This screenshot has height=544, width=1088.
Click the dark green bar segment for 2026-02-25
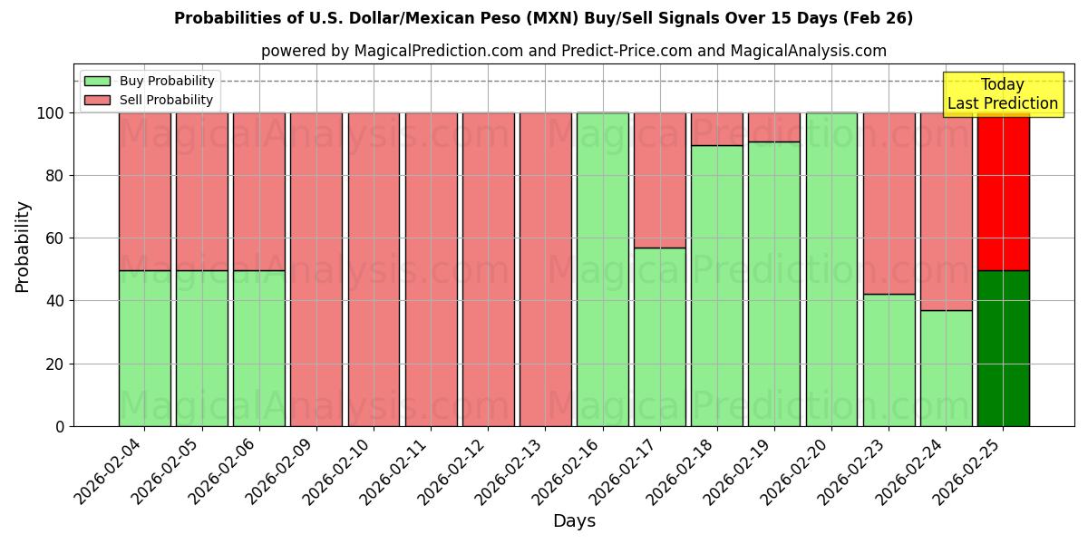1003,348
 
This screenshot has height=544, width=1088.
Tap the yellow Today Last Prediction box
1002,94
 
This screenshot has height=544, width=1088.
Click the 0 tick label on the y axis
61,426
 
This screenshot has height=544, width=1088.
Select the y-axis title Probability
23,247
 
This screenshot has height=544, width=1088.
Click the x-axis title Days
574,521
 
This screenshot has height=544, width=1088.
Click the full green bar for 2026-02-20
831,269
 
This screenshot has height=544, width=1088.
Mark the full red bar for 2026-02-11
431,269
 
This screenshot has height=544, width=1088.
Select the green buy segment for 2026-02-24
946,368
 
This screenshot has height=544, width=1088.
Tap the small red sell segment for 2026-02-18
716,129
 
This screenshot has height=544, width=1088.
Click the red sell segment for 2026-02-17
659,180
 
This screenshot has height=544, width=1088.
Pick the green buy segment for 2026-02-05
201,348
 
